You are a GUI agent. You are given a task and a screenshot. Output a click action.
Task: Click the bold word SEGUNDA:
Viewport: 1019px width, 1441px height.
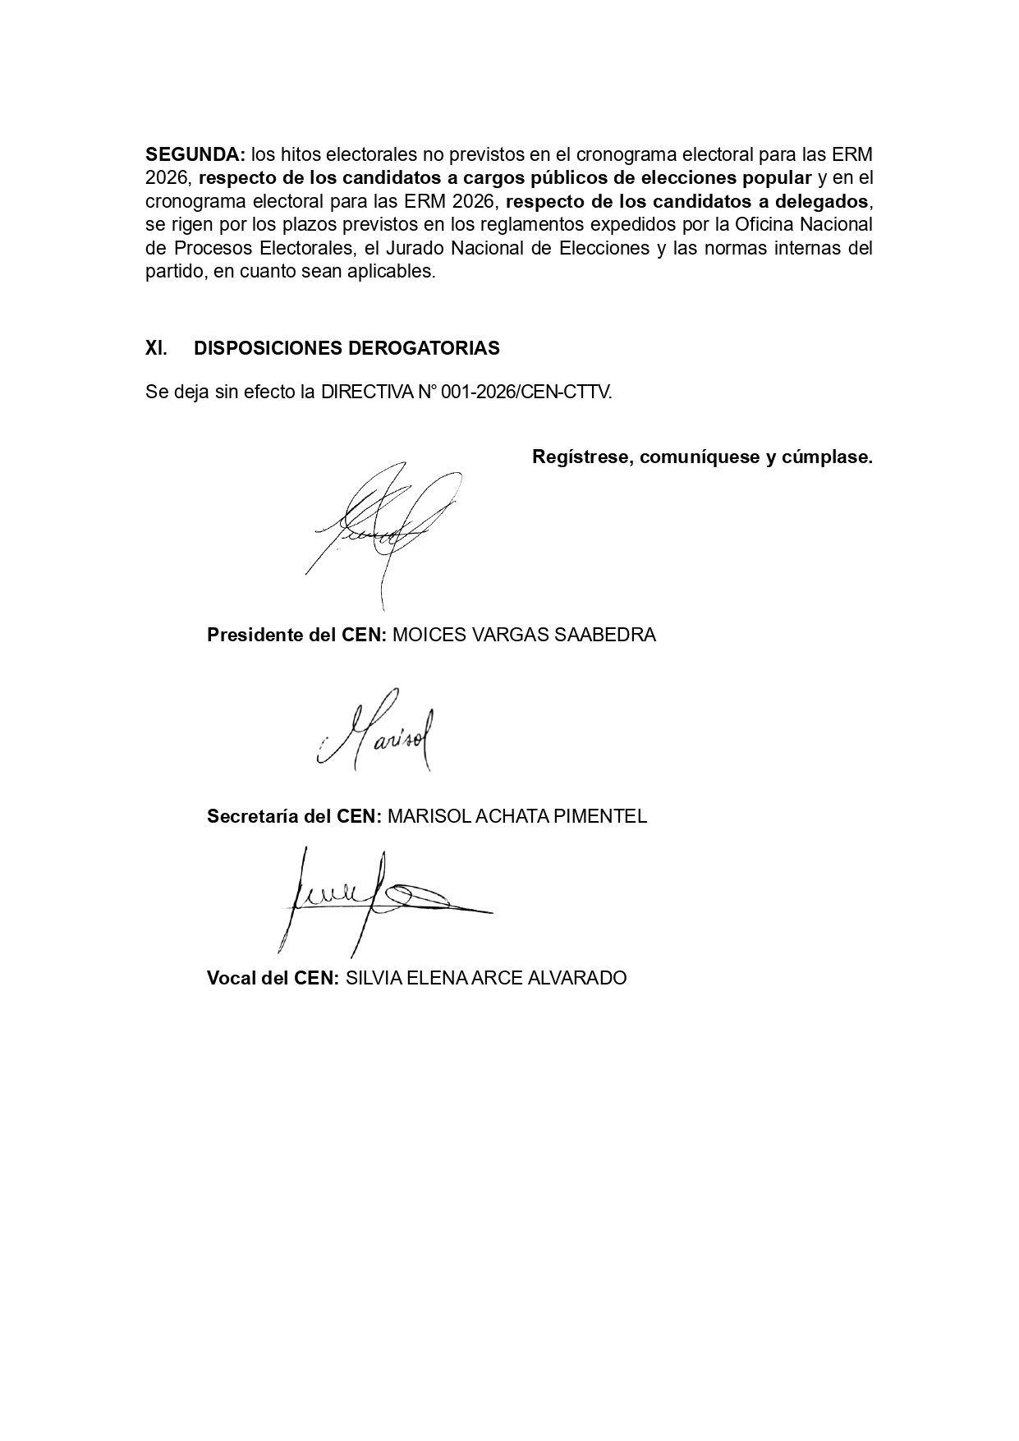[x=195, y=154]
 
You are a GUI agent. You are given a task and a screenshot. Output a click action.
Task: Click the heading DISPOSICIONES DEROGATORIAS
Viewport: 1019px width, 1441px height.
[x=347, y=348]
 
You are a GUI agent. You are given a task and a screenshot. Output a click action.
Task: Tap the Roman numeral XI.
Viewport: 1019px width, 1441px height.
[x=156, y=348]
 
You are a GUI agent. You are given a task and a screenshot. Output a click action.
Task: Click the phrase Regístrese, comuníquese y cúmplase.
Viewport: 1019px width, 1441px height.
[x=702, y=457]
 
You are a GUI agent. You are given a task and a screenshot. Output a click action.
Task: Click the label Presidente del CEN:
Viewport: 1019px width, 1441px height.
[x=296, y=635]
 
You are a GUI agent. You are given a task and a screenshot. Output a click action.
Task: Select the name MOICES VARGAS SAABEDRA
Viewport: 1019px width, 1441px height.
[x=524, y=635]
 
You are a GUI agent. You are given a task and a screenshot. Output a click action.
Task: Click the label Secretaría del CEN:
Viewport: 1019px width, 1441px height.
[x=294, y=816]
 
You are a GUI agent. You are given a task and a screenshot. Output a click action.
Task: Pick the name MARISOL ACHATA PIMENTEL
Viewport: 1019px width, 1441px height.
[x=516, y=816]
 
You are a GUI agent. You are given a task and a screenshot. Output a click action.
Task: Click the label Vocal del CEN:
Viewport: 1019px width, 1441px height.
[x=273, y=978]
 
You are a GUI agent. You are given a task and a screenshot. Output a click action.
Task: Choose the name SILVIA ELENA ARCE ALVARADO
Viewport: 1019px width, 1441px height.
[x=486, y=978]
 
